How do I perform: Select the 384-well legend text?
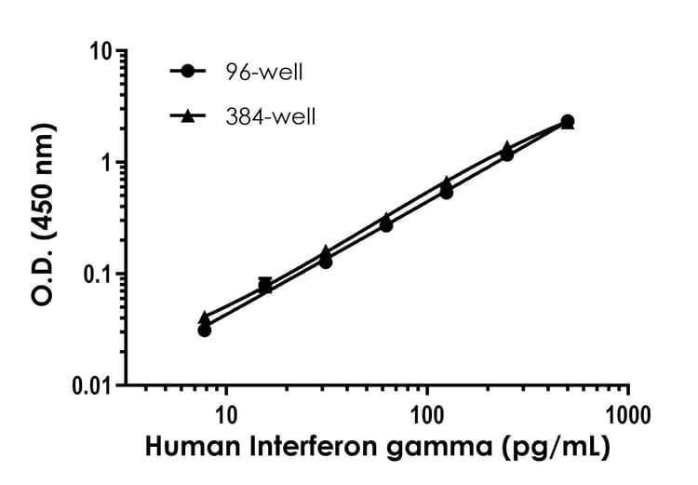pos(272,116)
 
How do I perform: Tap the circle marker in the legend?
pos(190,71)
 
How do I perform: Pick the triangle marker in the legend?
pos(190,115)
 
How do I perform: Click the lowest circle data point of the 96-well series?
pos(205,330)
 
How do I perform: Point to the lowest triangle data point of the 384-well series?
pos(205,317)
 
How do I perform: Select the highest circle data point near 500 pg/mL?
pos(568,121)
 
